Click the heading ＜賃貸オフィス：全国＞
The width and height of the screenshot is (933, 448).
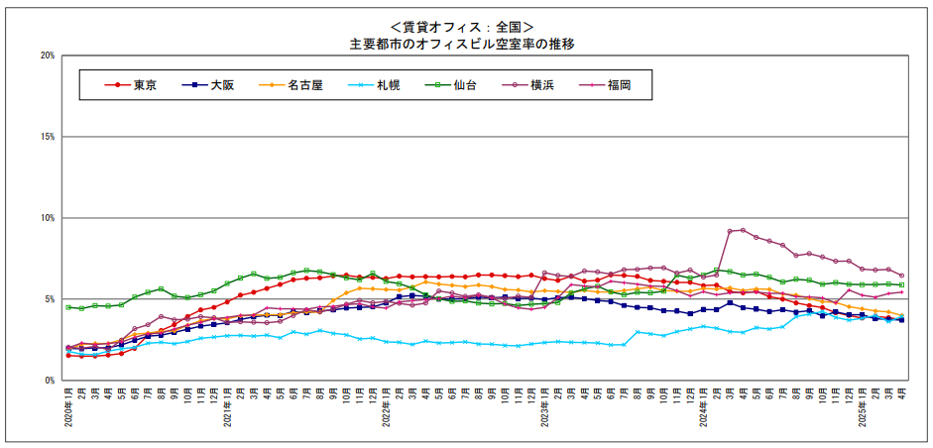tap(462, 27)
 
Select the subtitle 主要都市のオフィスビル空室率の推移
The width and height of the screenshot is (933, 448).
tap(462, 44)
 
